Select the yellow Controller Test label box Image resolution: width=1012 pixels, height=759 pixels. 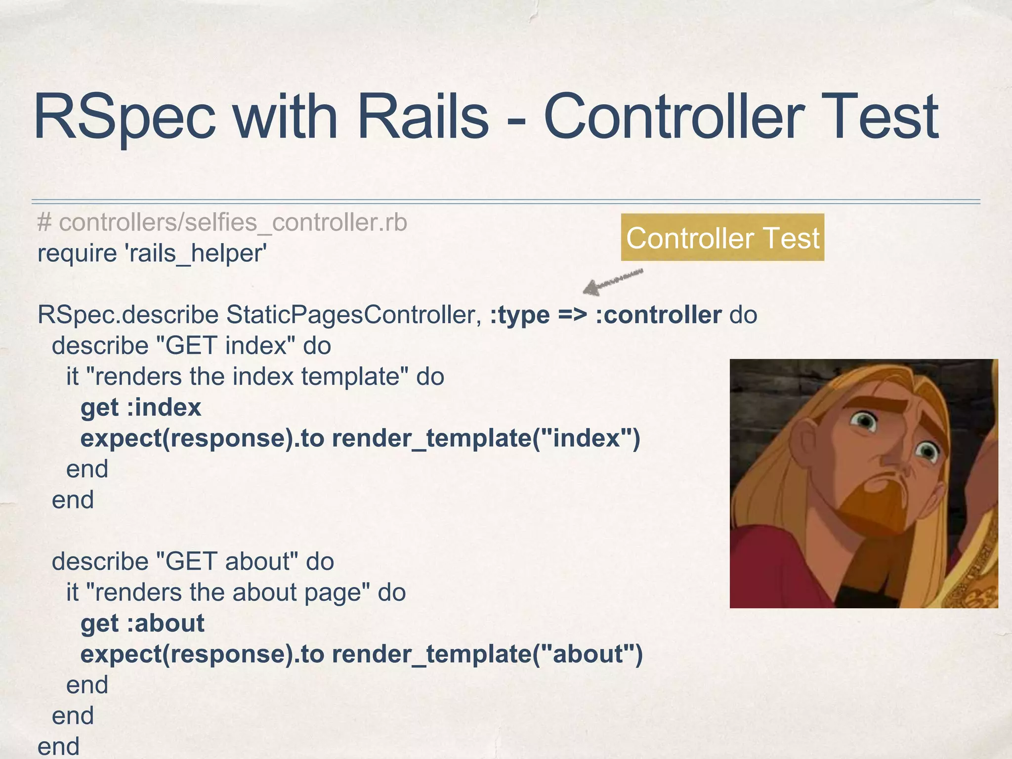[x=722, y=237]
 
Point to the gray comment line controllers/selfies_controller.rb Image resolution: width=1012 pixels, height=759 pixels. [x=222, y=222]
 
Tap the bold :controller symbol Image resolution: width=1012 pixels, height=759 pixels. [x=658, y=315]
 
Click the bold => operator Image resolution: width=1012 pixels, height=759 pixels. [x=573, y=315]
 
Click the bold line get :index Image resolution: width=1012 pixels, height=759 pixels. [x=141, y=408]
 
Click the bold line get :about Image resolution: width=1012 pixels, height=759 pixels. [x=142, y=623]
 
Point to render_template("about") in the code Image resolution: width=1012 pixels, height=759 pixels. [x=487, y=654]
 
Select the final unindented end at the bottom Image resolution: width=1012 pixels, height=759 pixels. [x=58, y=746]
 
